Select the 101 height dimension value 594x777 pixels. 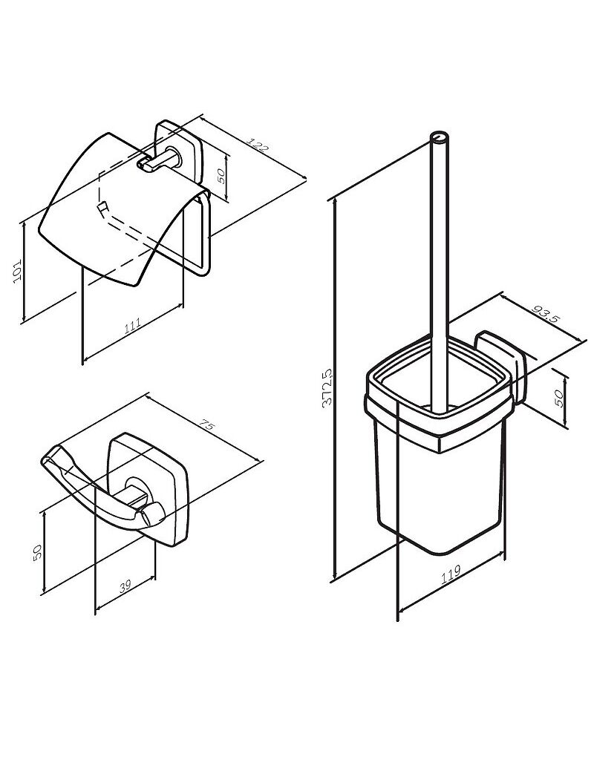click(18, 270)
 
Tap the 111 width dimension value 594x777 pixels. click(132, 326)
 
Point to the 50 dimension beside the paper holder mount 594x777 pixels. click(221, 175)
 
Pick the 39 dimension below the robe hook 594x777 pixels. click(125, 586)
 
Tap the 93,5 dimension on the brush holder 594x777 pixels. click(545, 314)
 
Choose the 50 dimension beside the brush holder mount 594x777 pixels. click(559, 398)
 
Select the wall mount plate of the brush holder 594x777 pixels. click(500, 366)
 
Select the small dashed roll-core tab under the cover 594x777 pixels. click(102, 208)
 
